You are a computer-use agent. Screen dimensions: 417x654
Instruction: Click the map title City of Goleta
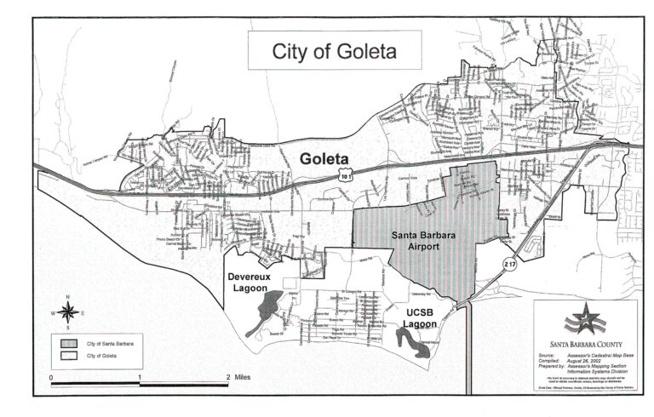coord(334,51)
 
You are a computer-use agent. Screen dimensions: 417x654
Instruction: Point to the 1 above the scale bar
coord(140,375)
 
